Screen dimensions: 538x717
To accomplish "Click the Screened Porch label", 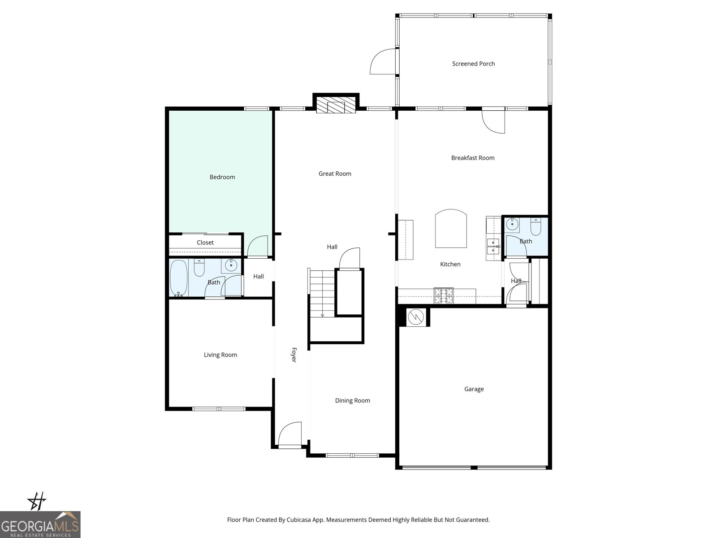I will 473,64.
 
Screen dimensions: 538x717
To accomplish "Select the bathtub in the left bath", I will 178,278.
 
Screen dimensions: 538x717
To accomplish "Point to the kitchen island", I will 451,229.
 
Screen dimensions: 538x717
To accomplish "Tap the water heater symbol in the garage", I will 415,317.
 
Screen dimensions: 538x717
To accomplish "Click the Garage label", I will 474,389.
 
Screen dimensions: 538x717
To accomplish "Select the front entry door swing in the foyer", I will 289,434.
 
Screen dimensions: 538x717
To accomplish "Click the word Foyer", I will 294,355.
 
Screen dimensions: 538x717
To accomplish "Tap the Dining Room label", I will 352,401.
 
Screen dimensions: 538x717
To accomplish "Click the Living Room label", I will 220,355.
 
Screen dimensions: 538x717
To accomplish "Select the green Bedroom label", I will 222,177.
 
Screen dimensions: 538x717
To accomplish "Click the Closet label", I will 205,243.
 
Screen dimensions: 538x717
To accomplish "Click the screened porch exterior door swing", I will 382,62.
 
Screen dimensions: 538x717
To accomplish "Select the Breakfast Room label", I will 472,158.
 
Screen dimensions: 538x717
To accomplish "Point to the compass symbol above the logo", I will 37,501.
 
